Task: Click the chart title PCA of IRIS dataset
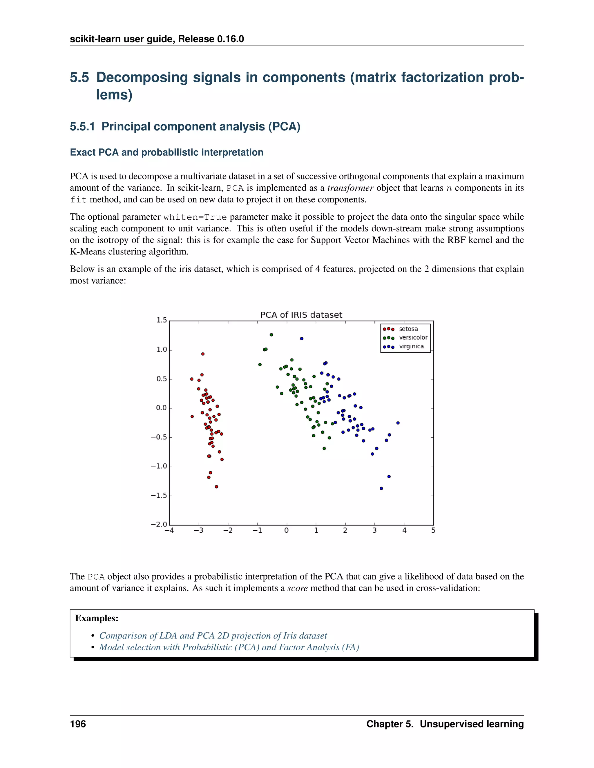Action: pos(301,315)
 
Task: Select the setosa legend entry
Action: pos(408,329)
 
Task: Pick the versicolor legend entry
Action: pos(413,337)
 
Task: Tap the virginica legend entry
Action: pos(411,346)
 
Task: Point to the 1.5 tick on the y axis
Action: pos(162,320)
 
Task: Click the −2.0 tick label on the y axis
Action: pos(159,524)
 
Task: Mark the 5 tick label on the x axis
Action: pos(433,531)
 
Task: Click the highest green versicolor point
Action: pos(271,335)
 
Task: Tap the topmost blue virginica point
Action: pos(302,338)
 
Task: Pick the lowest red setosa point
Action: pos(216,487)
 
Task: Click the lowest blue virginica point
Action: pos(381,488)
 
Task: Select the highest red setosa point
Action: pos(203,354)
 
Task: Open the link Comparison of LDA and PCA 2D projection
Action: pos(213,636)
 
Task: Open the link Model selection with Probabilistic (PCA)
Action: pos(229,647)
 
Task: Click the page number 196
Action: pos(78,724)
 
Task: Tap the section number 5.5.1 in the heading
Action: pos(82,127)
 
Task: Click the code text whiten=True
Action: pos(195,217)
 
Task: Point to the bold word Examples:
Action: pos(97,618)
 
